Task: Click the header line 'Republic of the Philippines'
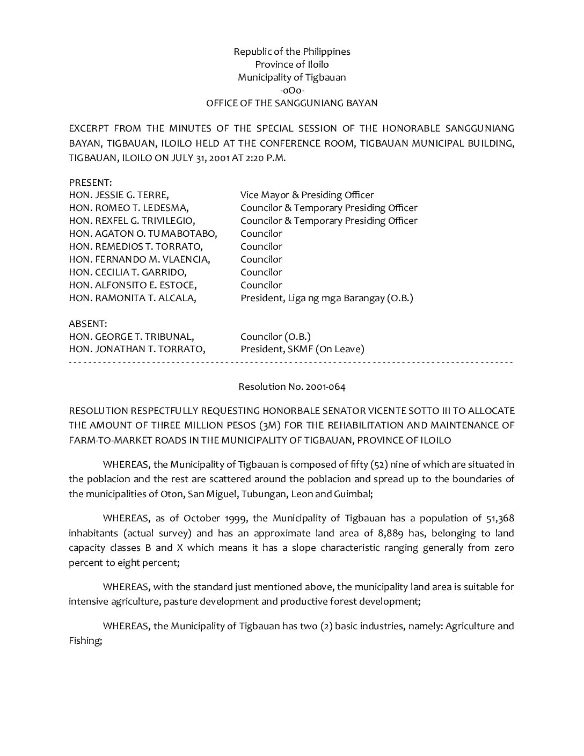(291, 52)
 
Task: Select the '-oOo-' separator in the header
(291, 90)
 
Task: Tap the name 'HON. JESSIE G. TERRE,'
(119, 195)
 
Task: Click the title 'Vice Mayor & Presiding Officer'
(307, 195)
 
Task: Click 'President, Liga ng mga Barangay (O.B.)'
(326, 298)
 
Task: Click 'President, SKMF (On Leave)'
(302, 349)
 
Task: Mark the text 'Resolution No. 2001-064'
(291, 387)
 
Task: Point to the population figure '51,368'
(499, 518)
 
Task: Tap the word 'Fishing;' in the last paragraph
(85, 641)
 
